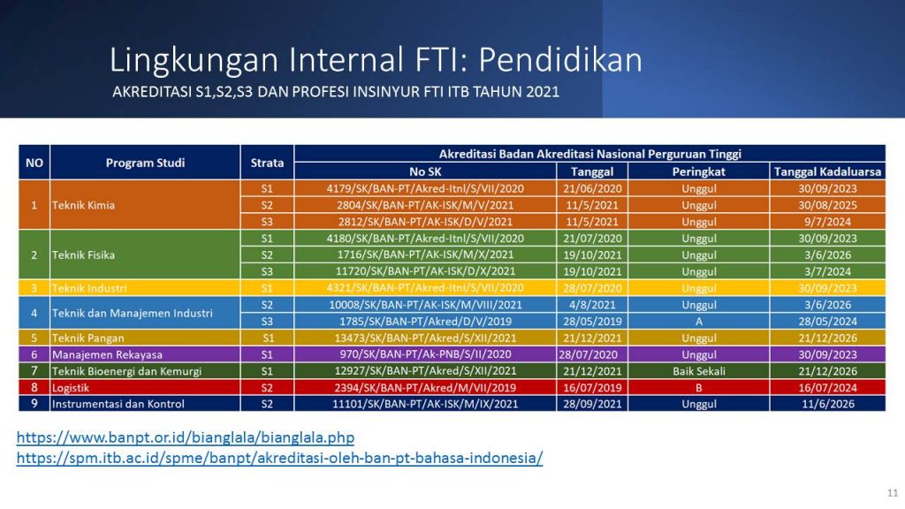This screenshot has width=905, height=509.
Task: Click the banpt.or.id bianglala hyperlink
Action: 186,437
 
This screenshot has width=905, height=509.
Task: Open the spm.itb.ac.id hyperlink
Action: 279,459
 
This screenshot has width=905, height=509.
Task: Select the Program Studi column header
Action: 145,163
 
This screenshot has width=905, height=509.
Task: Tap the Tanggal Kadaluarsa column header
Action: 827,171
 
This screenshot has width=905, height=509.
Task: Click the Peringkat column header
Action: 698,171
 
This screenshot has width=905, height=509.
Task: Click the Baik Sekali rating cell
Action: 698,371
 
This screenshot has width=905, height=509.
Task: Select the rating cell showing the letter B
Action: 698,388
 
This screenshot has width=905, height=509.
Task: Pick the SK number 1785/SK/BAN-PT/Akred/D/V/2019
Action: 425,322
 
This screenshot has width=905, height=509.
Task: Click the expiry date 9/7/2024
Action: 827,222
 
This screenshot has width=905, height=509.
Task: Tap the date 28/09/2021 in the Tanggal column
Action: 592,404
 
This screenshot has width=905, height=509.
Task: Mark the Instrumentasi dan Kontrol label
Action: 118,404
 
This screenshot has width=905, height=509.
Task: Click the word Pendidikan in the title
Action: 560,59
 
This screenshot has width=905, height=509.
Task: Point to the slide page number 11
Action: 893,493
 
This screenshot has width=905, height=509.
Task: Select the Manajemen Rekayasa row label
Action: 107,355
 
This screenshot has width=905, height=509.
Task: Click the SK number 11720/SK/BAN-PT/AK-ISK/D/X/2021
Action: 425,271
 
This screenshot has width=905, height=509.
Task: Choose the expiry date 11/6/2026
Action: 827,404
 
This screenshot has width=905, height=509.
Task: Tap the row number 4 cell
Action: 34,313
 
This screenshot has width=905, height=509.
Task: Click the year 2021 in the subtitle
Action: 543,92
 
